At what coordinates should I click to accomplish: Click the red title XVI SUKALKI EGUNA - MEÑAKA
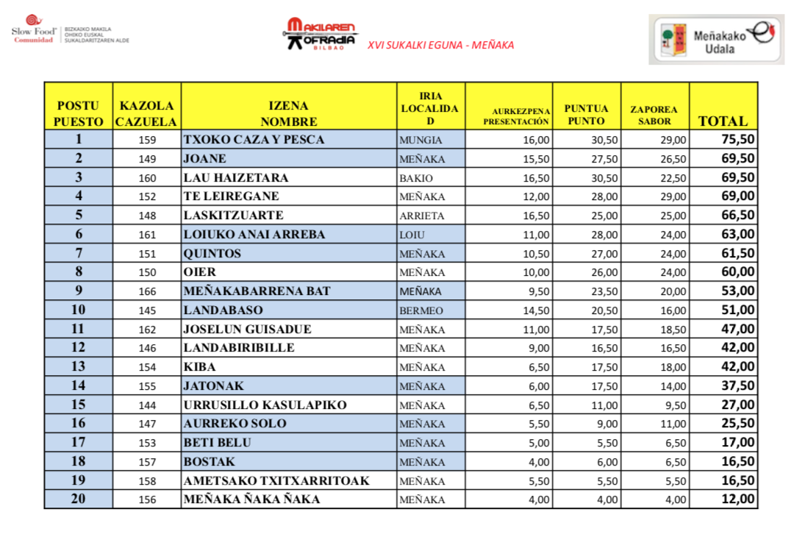tap(440, 45)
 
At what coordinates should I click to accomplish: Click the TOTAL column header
tap(723, 121)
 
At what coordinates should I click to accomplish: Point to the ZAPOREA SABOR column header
tap(654, 115)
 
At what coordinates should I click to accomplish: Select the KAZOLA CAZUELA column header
tap(146, 113)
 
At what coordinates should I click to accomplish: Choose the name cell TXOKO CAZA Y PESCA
tap(254, 140)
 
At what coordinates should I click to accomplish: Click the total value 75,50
tap(737, 140)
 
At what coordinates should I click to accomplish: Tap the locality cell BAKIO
tap(417, 178)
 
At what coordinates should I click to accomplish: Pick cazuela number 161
tap(148, 235)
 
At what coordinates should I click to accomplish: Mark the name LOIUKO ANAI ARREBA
tap(254, 235)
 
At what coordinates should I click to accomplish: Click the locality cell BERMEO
tap(421, 310)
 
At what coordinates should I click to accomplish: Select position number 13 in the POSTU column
tap(78, 367)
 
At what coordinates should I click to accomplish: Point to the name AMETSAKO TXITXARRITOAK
tap(276, 481)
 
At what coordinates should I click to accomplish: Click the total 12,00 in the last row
tap(737, 499)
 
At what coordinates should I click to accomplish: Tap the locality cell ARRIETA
tap(422, 216)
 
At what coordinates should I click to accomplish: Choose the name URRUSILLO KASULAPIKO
tap(265, 405)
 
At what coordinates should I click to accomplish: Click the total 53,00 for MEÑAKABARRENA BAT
tap(737, 291)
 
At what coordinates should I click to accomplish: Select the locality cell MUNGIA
tap(421, 140)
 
